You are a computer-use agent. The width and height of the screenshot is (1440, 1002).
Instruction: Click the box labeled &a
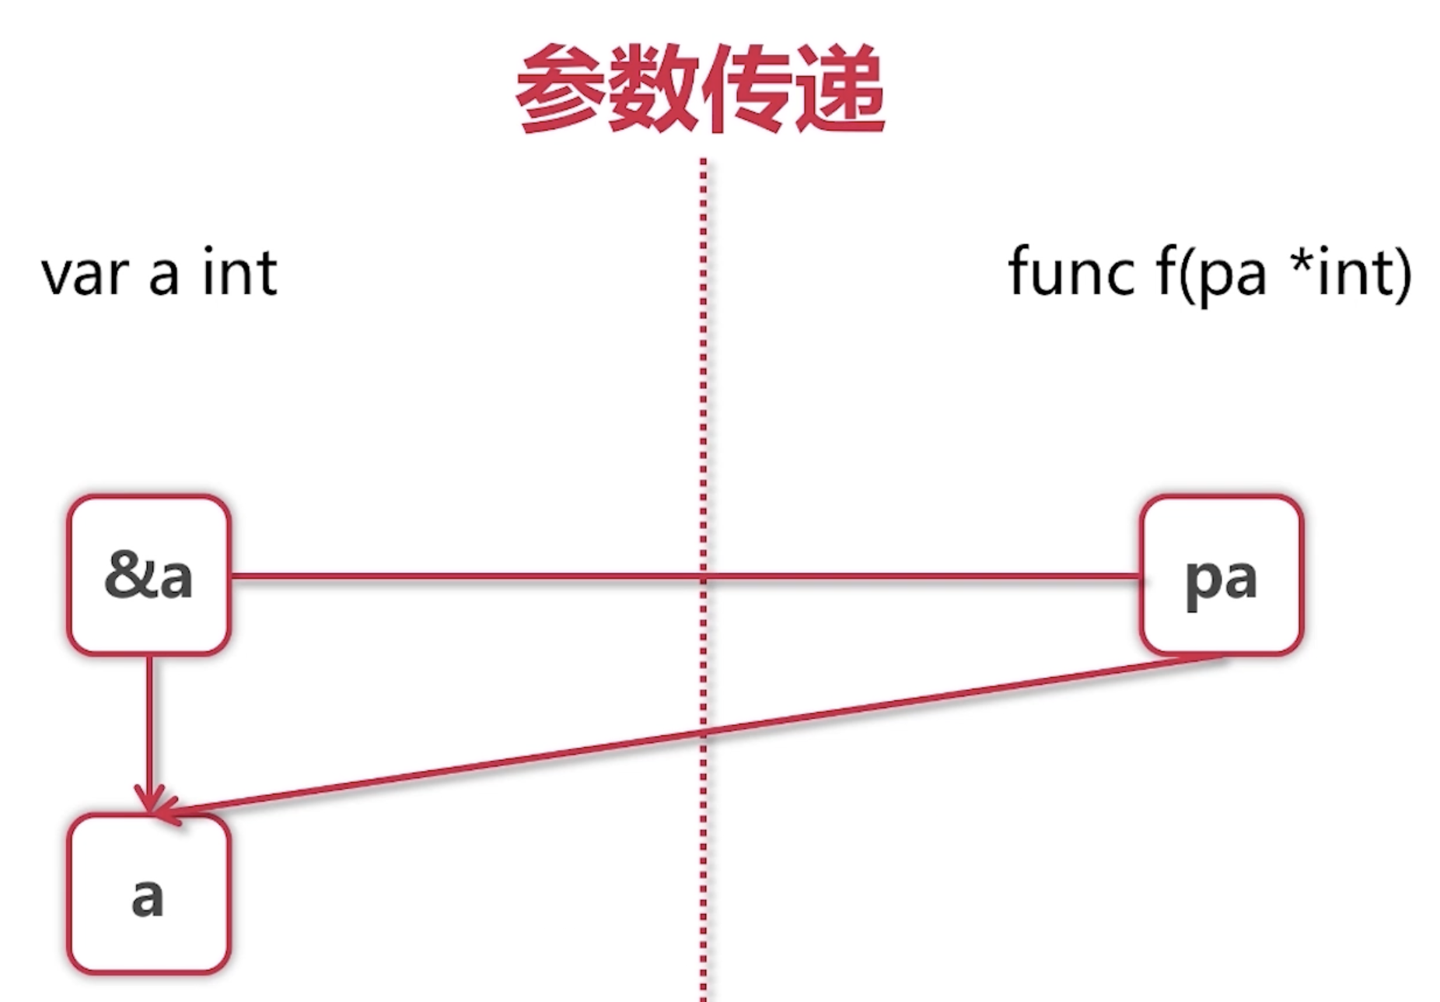(149, 576)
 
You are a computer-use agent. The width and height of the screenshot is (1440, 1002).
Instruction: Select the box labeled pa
(1221, 576)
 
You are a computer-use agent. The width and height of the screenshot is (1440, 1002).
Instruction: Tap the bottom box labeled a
(149, 895)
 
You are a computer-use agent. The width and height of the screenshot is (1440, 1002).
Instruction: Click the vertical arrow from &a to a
(149, 723)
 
